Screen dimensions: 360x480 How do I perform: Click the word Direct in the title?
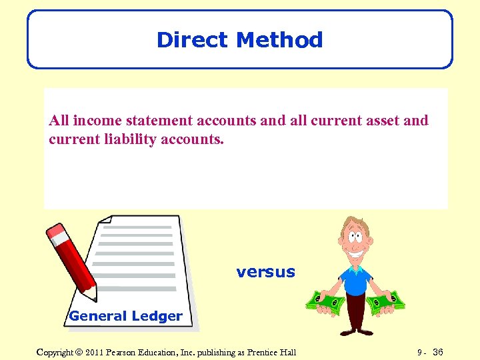(193, 40)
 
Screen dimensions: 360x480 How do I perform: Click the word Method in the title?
(279, 40)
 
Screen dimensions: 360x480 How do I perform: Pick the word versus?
(265, 272)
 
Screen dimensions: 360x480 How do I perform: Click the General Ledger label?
(125, 316)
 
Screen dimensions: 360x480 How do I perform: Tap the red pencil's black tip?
(94, 298)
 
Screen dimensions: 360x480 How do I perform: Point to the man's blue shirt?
(356, 281)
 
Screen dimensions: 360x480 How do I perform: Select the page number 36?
(437, 352)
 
